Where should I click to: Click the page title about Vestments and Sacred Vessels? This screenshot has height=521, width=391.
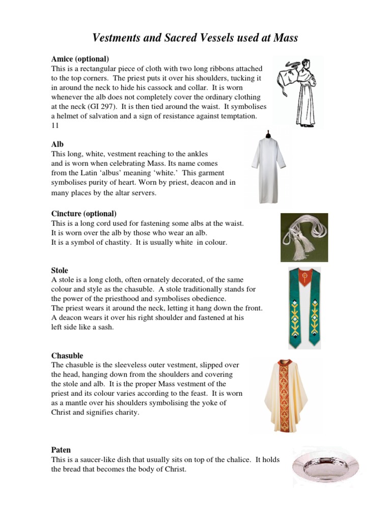tap(195, 38)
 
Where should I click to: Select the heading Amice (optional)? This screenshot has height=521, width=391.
tap(80, 59)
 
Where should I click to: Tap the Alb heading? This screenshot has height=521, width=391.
tap(58, 144)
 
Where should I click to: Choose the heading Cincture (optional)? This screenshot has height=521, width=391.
tap(84, 214)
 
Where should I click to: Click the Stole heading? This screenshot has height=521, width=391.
tap(60, 270)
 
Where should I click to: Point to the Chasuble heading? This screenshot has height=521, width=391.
tap(67, 356)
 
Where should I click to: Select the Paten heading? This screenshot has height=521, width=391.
tap(61, 450)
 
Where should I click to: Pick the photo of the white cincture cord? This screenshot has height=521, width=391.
tap(304, 237)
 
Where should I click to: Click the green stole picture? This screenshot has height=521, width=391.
tap(304, 308)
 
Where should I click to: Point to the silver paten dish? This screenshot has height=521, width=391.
tap(326, 467)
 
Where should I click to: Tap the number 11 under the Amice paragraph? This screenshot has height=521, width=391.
tap(55, 126)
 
